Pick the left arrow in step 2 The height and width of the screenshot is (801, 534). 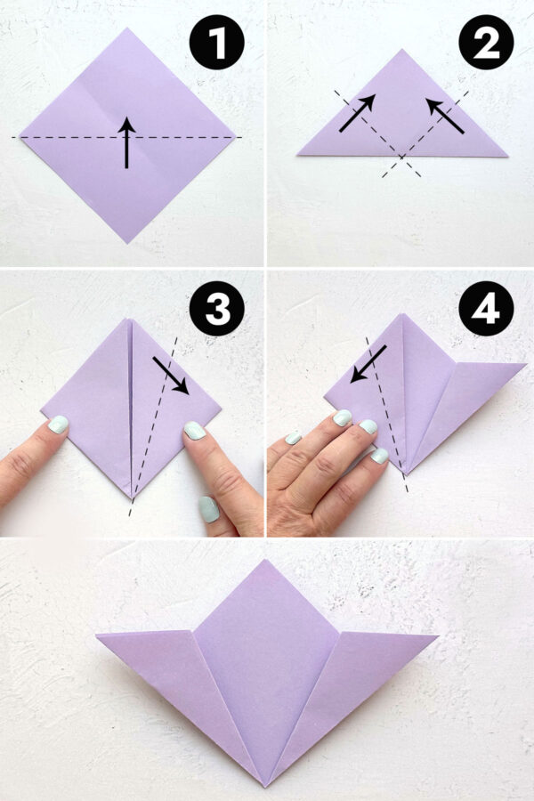[356, 113]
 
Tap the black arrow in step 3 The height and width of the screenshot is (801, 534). [170, 375]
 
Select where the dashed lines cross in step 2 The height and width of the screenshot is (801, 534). [402, 158]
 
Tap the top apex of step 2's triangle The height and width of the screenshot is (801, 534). [402, 50]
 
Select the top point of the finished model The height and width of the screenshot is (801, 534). [265, 561]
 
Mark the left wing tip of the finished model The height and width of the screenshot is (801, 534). [98, 635]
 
